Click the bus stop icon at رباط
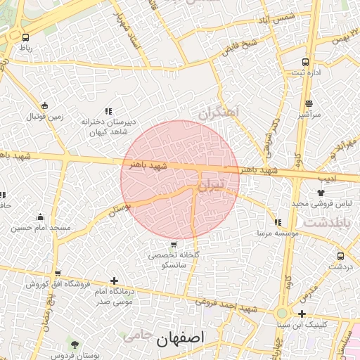coord(26,37)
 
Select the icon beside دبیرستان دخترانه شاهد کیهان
coord(108,111)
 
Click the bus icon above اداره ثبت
coord(305,61)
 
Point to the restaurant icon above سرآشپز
coord(308,103)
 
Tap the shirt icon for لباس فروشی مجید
coord(321,192)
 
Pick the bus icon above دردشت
coord(340,256)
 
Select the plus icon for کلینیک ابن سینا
coord(302,314)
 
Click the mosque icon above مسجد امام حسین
coord(40,217)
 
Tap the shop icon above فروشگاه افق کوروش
coord(58,274)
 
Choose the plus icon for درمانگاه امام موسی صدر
coord(115,281)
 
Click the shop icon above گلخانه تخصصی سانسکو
coord(174,245)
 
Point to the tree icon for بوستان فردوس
coord(75,344)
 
